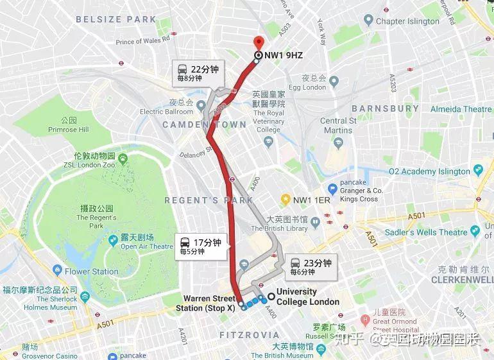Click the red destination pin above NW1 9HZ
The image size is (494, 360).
click(258, 42)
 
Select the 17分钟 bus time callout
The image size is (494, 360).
click(202, 246)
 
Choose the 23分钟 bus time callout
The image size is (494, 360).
click(312, 266)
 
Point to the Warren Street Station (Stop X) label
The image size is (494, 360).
click(210, 303)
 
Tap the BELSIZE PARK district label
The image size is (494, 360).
click(115, 19)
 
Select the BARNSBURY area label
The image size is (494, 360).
click(386, 108)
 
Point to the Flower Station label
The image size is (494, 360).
click(91, 271)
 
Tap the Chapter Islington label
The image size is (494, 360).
click(407, 21)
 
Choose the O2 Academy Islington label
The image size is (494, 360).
click(429, 171)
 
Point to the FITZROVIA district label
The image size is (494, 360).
click(249, 335)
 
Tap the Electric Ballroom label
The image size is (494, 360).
click(166, 112)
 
